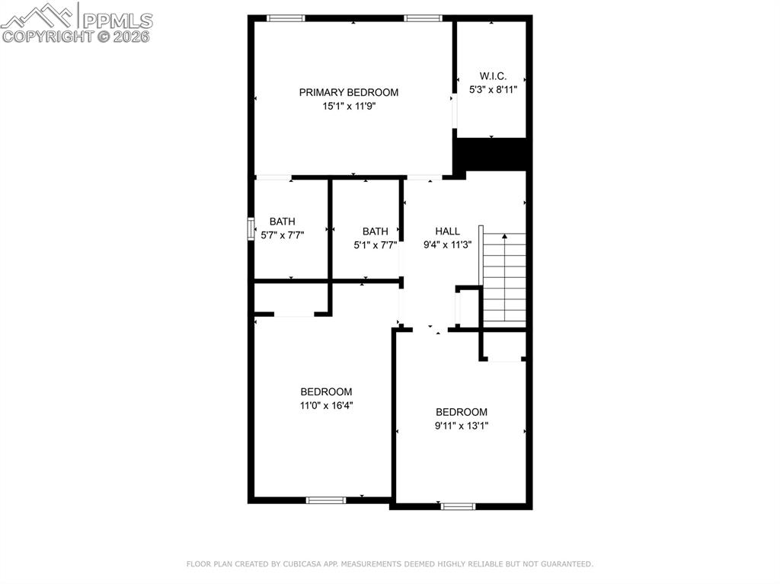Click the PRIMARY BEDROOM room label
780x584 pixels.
pos(348,93)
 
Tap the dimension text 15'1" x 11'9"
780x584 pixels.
pos(348,107)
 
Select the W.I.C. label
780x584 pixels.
pos(493,76)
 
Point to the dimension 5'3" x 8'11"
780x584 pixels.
pos(493,89)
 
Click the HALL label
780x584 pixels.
pos(447,231)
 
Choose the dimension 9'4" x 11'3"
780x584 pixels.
pos(447,245)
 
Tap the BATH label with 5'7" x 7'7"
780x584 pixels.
pos(282,222)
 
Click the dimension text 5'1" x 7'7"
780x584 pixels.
pos(375,245)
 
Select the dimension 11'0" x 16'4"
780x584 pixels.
pos(326,406)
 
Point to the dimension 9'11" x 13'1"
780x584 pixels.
pos(461,426)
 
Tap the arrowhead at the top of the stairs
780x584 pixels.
pos(503,238)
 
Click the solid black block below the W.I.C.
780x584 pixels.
pos(491,154)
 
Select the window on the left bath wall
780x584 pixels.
pos(251,229)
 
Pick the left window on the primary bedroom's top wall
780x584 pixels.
pos(286,18)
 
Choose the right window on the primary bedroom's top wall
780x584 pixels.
pos(423,18)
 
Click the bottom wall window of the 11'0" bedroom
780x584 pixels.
pos(326,500)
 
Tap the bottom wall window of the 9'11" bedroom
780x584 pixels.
pos(458,506)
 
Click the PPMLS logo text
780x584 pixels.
pos(117,21)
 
